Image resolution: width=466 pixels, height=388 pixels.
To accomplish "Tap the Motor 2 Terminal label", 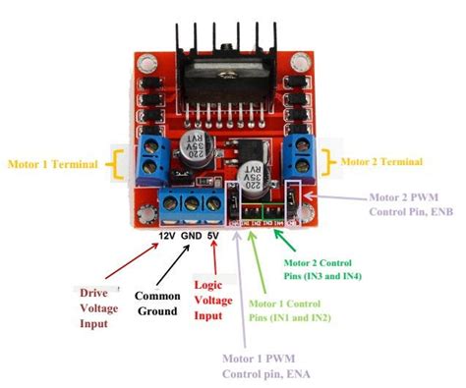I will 384,160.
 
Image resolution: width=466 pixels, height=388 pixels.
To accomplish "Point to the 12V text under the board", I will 167,236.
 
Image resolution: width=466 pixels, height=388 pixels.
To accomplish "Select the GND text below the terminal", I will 194,236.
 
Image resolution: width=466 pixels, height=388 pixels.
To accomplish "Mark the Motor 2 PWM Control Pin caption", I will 407,203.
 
